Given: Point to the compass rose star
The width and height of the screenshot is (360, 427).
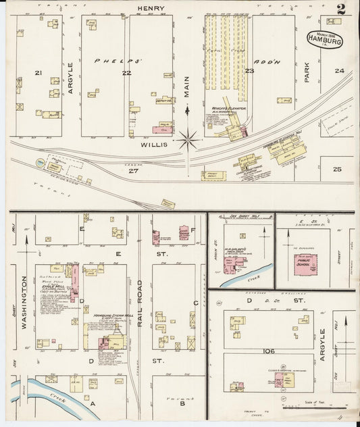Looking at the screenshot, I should (187, 141).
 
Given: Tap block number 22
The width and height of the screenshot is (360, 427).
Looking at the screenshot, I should (126, 72).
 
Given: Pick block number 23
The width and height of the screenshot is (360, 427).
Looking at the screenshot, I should (249, 71).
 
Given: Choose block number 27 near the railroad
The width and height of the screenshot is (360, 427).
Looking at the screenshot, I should (134, 171).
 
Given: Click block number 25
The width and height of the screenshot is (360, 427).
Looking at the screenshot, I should (337, 169).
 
